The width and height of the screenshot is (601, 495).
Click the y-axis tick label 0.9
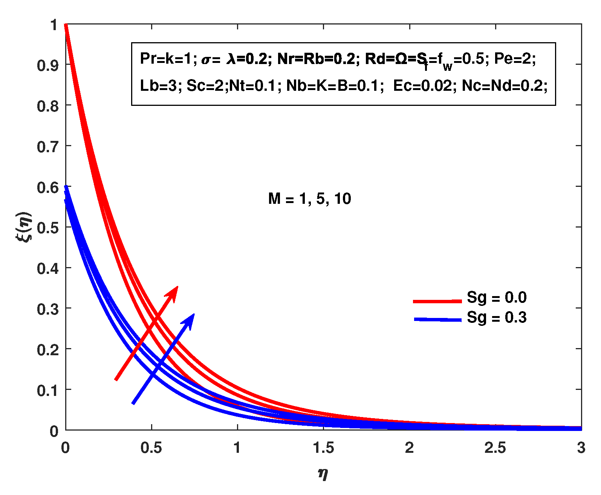coord(47,66)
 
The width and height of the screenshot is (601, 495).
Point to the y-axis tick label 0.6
coord(47,188)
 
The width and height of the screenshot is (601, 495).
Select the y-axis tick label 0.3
coord(47,309)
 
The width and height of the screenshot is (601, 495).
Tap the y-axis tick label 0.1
coord(47,391)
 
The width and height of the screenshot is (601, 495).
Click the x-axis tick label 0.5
coord(151,448)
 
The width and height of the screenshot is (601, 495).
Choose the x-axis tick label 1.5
coord(323,448)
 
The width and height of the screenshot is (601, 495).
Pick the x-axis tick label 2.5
coord(495,448)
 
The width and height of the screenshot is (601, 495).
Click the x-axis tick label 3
coord(581,448)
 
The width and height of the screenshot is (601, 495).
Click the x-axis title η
coord(323,474)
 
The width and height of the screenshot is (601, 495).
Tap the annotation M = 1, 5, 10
coord(309,199)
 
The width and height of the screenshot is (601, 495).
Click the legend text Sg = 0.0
coord(497,298)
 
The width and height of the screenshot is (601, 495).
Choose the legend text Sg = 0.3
coord(497,318)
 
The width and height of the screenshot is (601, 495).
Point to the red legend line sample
coord(437,301)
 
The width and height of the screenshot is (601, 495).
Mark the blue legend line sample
coord(437,320)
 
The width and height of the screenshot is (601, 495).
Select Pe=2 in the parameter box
coord(515,59)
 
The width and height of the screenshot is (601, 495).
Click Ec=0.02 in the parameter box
coord(422,86)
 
